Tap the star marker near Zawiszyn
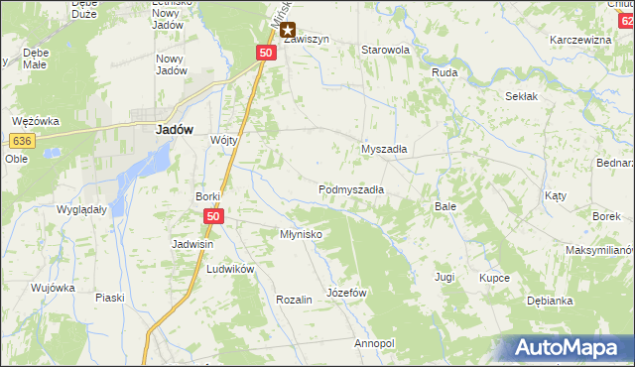pos(288,31)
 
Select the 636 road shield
pos(25,142)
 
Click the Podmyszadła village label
pos(351,188)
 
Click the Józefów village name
pos(347,294)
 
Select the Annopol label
pos(374,343)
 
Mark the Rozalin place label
pos(295,299)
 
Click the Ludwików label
pos(231,269)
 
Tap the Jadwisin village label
pos(192,244)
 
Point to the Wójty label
pos(224,140)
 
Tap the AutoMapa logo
pos(567,348)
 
